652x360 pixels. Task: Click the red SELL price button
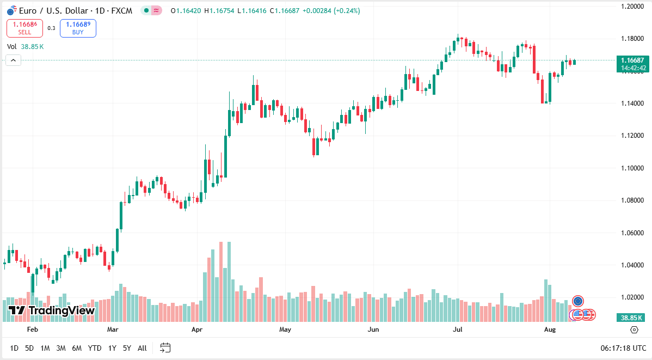click(24, 28)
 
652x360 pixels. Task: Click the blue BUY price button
click(78, 28)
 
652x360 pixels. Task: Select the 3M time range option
click(61, 348)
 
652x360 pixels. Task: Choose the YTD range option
click(94, 348)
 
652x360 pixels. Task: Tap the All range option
click(142, 348)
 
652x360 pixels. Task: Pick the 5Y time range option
click(127, 348)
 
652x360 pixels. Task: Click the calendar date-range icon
click(165, 347)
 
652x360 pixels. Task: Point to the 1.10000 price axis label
click(632, 168)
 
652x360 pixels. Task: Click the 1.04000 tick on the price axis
click(632, 265)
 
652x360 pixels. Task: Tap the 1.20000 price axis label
click(632, 6)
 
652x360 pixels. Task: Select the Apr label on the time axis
click(196, 330)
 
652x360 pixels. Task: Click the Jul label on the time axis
click(457, 330)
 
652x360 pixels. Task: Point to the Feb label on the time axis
click(33, 330)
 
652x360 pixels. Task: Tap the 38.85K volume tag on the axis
click(631, 318)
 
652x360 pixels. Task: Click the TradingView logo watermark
click(52, 310)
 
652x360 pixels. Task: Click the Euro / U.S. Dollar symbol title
click(54, 11)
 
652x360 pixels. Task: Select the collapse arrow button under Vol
click(13, 60)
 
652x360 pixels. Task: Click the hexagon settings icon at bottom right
click(634, 330)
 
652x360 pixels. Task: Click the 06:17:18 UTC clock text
click(623, 348)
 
